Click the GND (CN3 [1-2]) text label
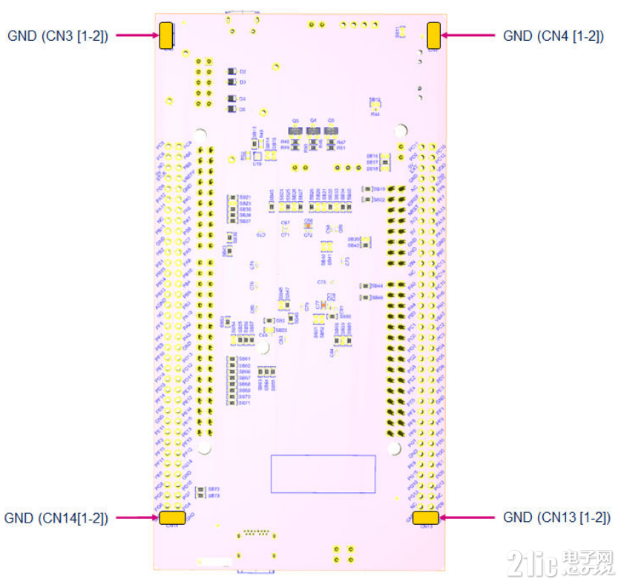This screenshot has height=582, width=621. (x=58, y=36)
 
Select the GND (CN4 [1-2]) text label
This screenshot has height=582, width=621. (x=553, y=36)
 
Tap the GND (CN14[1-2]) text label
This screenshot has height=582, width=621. (x=56, y=518)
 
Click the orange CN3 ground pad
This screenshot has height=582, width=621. (x=165, y=36)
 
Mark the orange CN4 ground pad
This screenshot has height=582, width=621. (x=433, y=35)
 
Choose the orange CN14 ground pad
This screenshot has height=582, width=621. (x=172, y=517)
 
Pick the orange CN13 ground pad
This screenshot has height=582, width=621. (x=426, y=517)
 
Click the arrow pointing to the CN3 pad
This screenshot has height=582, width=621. (x=137, y=36)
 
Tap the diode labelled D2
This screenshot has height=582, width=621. (x=232, y=72)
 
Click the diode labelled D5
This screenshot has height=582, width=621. (x=232, y=109)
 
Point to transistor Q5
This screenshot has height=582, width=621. (x=295, y=131)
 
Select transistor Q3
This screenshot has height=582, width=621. (x=331, y=131)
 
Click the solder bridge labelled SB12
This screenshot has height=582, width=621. (x=375, y=106)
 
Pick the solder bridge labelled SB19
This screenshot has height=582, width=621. (x=367, y=189)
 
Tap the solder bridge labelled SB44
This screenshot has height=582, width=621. (x=365, y=286)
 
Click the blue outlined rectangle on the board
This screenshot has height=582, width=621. (x=323, y=474)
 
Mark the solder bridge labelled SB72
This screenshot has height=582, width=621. (x=201, y=489)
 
